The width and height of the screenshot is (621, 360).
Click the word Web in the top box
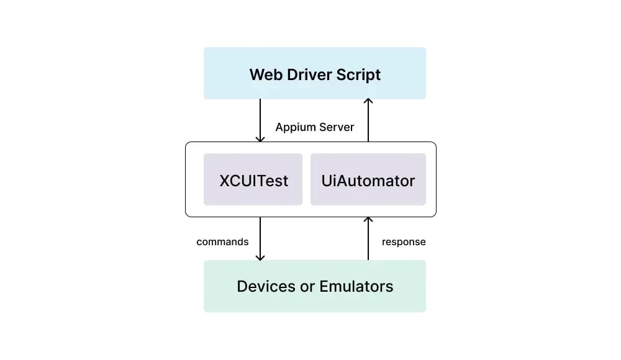264,75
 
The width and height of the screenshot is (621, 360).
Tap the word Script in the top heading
359,75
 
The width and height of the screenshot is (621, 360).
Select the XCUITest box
253,180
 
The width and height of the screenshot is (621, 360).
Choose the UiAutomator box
368,180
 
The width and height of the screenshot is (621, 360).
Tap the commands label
222,241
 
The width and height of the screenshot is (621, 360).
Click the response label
404,241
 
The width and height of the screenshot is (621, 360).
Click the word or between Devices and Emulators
309,286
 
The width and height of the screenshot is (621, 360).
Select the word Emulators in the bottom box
356,286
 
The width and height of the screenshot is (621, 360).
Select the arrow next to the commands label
260,238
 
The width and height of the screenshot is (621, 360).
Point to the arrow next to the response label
368,238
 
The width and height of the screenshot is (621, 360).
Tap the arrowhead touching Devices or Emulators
260,257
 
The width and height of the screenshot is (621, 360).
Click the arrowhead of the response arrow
368,220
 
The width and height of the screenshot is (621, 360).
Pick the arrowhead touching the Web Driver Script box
368,102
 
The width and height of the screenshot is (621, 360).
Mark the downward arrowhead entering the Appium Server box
260,138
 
